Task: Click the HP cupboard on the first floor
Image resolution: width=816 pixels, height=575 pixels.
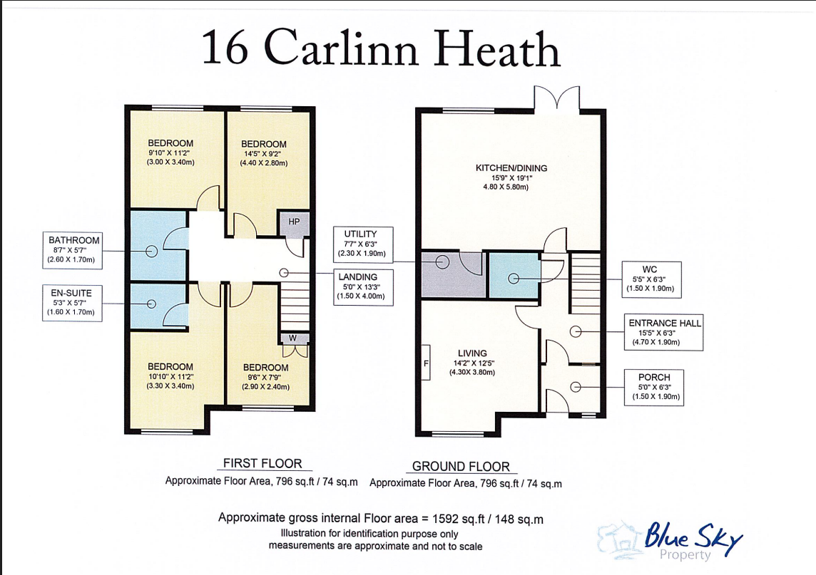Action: (x=294, y=224)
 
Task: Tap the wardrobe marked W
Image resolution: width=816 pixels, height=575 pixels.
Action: (x=294, y=338)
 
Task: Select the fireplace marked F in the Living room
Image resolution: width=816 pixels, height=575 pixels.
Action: (x=426, y=363)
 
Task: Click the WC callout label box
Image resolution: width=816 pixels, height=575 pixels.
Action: (x=651, y=280)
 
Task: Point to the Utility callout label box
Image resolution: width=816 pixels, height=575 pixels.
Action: (x=363, y=244)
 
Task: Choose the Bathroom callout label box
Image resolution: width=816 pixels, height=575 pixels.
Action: (x=72, y=251)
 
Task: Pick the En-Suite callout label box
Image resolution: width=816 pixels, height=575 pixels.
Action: (x=72, y=303)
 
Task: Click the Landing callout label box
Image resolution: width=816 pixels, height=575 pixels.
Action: (x=363, y=287)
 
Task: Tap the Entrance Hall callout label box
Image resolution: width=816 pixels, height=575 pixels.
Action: (x=663, y=332)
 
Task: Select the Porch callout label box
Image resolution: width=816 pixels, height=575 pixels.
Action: (x=654, y=388)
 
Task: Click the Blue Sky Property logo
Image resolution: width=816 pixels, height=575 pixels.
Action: (x=670, y=541)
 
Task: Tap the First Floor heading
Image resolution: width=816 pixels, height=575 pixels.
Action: (x=262, y=463)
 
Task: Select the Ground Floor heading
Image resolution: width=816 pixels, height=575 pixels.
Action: (x=461, y=467)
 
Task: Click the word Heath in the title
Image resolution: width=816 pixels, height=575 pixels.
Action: (x=497, y=48)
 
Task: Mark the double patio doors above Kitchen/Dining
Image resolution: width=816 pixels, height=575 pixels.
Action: (x=557, y=99)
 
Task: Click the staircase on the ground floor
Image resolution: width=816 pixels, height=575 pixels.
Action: (x=586, y=283)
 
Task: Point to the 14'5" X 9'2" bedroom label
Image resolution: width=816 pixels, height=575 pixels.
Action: (x=263, y=153)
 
